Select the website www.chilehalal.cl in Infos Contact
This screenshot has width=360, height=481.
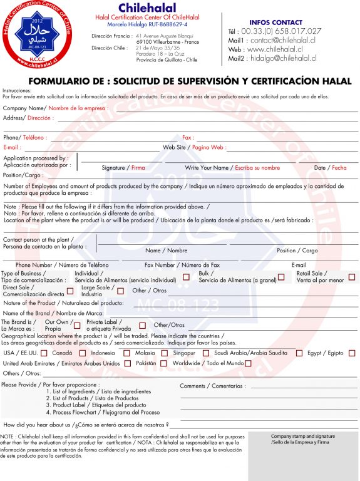coord(275,49)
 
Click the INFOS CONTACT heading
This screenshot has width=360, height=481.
coord(275,22)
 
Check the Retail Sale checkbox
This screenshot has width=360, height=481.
coord(352,277)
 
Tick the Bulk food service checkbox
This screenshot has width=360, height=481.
coord(281,277)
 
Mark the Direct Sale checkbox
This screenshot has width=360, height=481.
coord(70,291)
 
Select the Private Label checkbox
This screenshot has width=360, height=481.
coord(142,325)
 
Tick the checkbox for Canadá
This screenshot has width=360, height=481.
coord(44,353)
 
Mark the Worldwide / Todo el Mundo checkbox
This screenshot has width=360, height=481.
coord(248,363)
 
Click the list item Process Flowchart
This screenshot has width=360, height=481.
coord(106,412)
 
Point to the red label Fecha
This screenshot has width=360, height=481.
coord(339,168)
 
